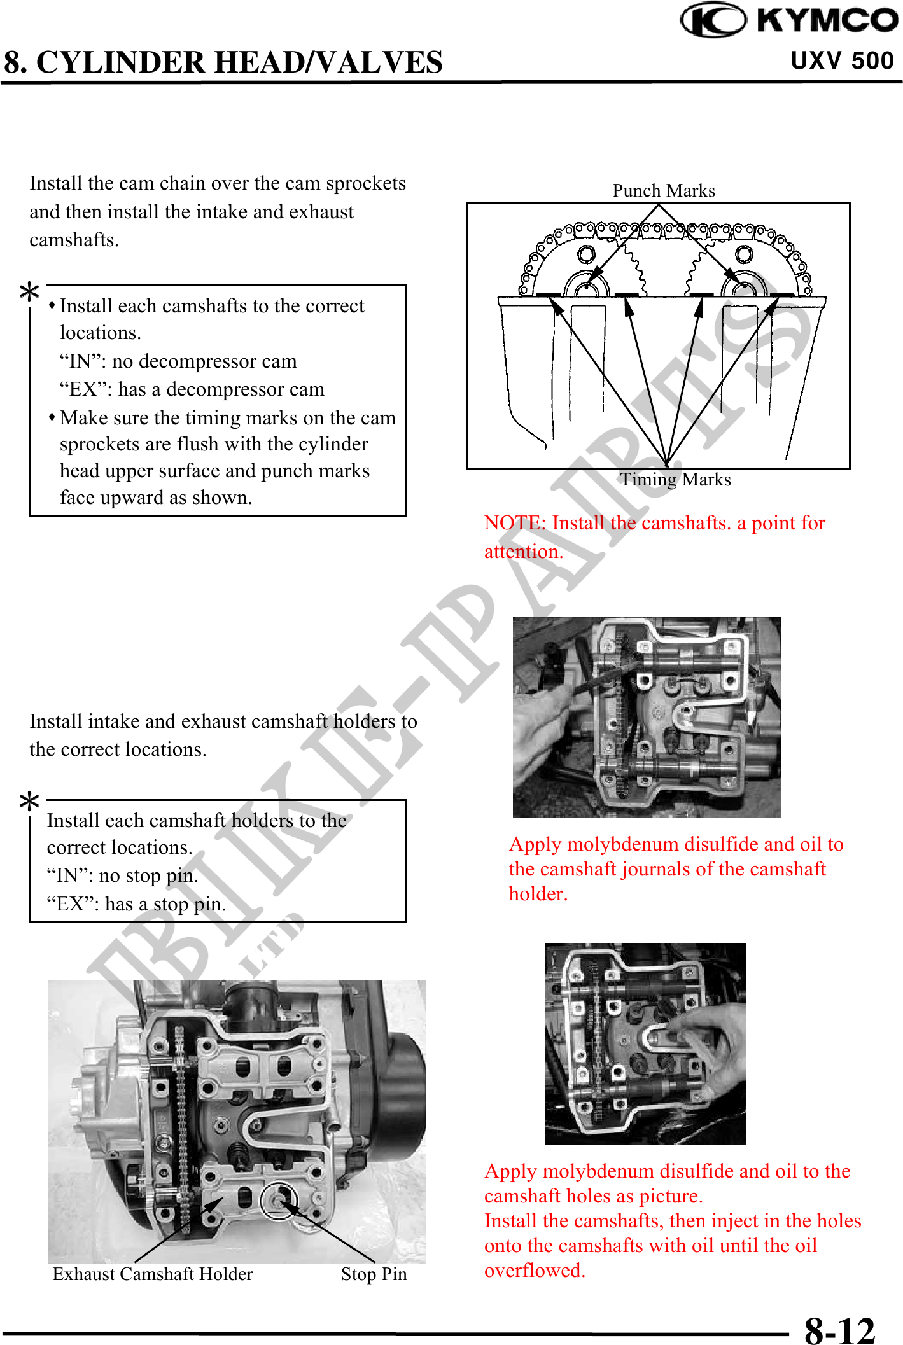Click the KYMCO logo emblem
(x=713, y=20)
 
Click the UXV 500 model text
(x=842, y=60)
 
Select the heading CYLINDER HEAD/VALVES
(x=239, y=62)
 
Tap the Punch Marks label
(x=663, y=190)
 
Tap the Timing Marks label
(x=675, y=479)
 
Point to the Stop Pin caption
(x=374, y=1274)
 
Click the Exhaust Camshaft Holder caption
(x=153, y=1274)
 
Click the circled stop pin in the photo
(x=278, y=1200)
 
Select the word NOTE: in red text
(x=515, y=523)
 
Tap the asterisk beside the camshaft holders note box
(x=29, y=802)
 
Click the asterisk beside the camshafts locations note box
(x=29, y=293)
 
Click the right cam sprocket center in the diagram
(x=743, y=289)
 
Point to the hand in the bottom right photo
(x=706, y=1043)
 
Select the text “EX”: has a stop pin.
(x=136, y=903)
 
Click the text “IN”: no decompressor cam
(x=178, y=361)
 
